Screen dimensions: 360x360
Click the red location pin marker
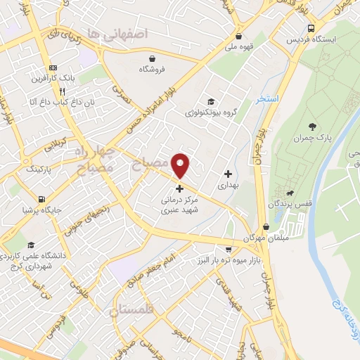pos(181,165)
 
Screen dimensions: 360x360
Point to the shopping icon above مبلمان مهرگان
pos(266,227)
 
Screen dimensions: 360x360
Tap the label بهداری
pos(227,186)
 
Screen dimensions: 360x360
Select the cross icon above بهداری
pos(227,174)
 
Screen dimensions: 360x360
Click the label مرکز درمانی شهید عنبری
pos(179,204)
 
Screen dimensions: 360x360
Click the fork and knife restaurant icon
pos(63,91)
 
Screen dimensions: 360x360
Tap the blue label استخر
pos(267,98)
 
